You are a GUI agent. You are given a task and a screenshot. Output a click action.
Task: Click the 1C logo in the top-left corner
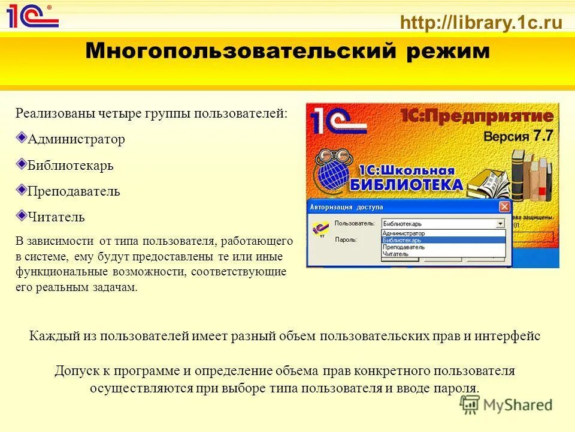coord(32,16)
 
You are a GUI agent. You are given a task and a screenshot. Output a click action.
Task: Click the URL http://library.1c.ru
coord(481,23)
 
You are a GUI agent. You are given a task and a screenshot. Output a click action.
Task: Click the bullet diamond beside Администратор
coord(22,137)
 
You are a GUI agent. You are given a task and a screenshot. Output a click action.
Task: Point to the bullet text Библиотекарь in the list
coord(71,165)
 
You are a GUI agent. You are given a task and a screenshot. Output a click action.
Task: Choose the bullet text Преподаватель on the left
coord(74,191)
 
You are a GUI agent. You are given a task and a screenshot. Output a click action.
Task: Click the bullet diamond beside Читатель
coord(22,214)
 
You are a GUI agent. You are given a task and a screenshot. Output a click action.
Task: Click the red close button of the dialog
coord(504,207)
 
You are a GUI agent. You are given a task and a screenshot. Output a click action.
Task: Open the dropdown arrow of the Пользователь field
coord(500,224)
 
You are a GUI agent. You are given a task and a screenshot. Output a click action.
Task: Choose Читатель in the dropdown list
coord(395,254)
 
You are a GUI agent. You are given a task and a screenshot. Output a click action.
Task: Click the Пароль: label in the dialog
coord(346,239)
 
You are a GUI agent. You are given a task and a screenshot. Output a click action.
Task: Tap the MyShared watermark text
coord(517,405)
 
